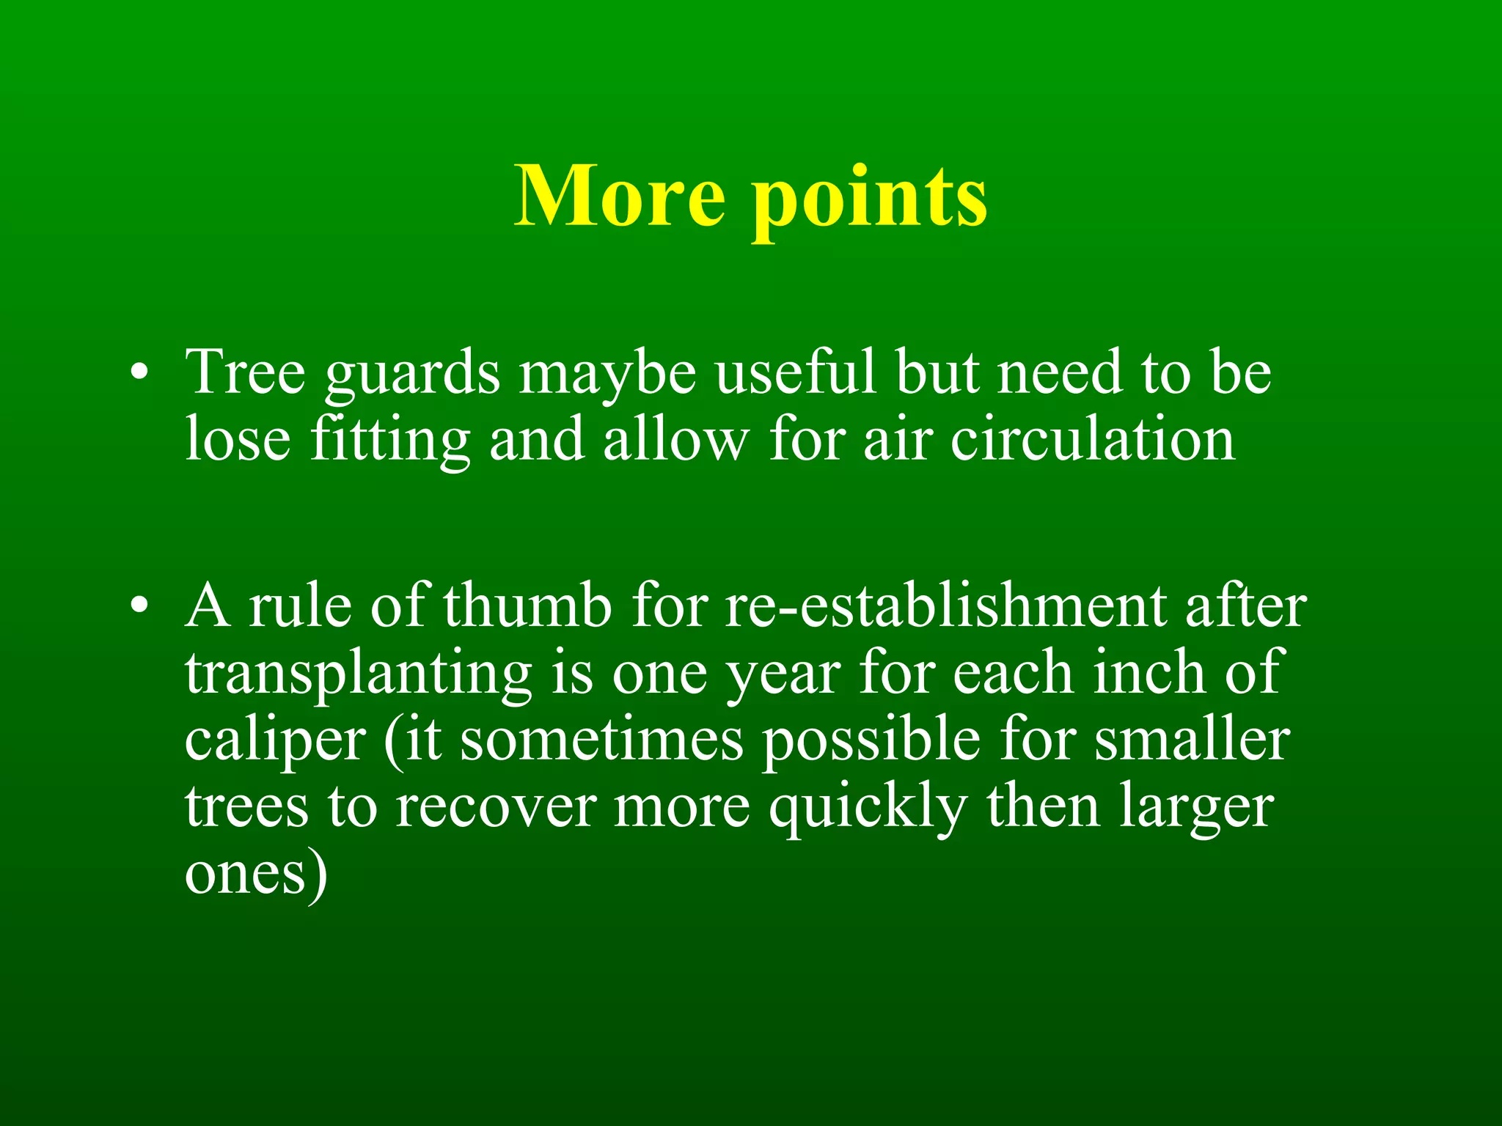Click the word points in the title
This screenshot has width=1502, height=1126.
point(869,199)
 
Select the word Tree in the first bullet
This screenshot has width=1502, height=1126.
point(245,372)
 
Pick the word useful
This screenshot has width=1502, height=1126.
point(796,372)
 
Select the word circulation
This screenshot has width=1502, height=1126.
point(1093,440)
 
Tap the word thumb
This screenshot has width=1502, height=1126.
point(527,606)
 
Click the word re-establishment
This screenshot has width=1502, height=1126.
point(945,606)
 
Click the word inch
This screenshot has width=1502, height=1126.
point(1149,673)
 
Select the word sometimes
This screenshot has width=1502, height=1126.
point(601,740)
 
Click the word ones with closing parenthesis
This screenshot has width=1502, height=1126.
point(255,875)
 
